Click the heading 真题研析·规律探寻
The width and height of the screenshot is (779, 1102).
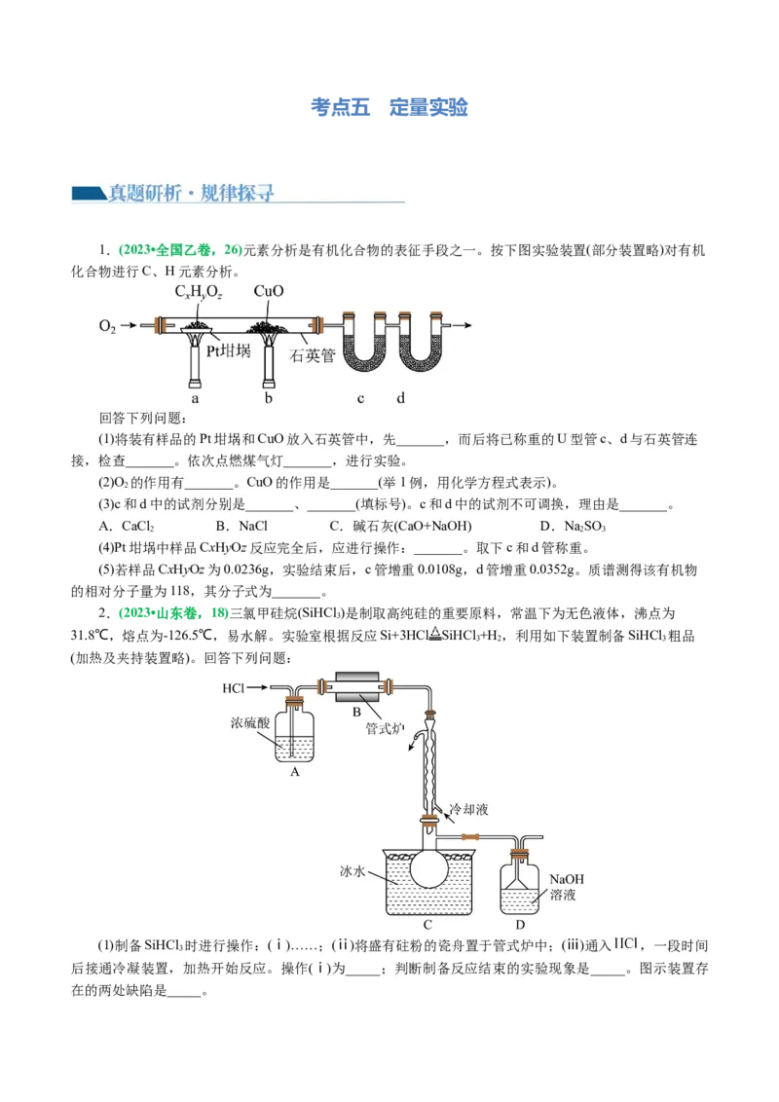click(191, 193)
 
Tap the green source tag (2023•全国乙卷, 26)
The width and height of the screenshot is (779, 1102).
click(179, 250)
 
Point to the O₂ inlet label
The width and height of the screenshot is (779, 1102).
click(107, 326)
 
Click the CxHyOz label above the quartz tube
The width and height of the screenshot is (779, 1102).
click(199, 291)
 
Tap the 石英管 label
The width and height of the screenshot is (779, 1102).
click(312, 355)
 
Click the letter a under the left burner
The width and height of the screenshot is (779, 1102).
click(195, 397)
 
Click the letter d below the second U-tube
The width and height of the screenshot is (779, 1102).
click(399, 397)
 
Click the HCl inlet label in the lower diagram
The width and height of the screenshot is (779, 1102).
click(234, 688)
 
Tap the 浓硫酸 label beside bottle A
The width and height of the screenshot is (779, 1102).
click(249, 723)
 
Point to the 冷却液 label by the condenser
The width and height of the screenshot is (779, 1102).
click(468, 809)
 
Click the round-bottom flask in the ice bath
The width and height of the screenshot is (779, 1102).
click(428, 865)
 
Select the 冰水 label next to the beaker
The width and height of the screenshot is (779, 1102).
click(352, 872)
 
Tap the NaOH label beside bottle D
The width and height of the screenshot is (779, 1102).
click(566, 877)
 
